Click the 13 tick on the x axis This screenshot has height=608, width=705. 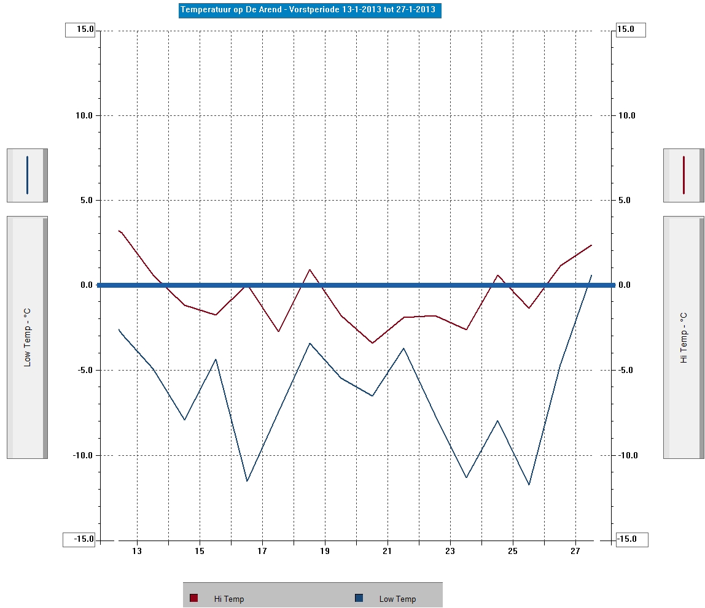point(137,551)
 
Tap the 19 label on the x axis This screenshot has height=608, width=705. point(325,551)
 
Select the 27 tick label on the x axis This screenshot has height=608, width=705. point(575,551)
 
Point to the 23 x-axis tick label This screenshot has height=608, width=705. point(450,551)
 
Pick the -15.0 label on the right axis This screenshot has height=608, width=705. point(626,539)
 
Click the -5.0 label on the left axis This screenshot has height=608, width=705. point(84,370)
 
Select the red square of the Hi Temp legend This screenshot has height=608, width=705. point(193,598)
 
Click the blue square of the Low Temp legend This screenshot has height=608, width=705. point(359,598)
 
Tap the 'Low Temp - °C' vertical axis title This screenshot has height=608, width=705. point(27,337)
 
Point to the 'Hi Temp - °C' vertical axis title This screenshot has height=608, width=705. point(684,337)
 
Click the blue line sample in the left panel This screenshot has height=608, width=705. point(27,175)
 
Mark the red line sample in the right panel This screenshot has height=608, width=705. point(684,175)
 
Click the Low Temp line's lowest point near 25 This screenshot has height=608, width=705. point(529,485)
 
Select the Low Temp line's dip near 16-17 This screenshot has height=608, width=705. point(247,481)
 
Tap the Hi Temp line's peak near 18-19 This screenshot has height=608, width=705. point(310,269)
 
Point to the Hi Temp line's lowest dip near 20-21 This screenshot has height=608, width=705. point(372,343)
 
